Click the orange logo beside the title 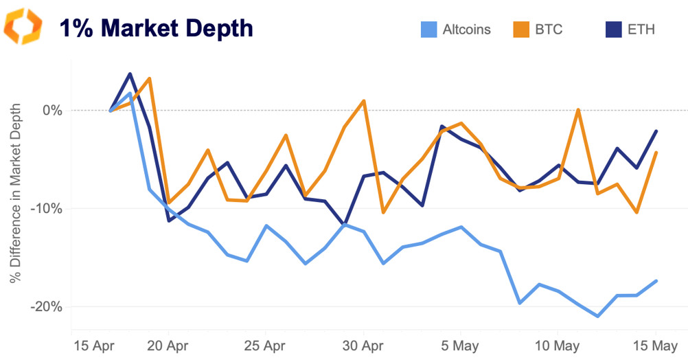(23, 27)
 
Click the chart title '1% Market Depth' (156, 28)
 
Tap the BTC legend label (549, 30)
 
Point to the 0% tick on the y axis (53, 111)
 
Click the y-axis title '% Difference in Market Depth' (15, 194)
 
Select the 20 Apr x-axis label (168, 344)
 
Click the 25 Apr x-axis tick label (266, 344)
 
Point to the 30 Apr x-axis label (363, 344)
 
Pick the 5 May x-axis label (460, 344)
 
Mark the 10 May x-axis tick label (558, 344)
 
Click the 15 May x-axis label (655, 344)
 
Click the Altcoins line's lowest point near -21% (598, 316)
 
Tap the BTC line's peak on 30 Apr (363, 101)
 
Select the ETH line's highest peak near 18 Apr (130, 74)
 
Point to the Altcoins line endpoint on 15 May (656, 280)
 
